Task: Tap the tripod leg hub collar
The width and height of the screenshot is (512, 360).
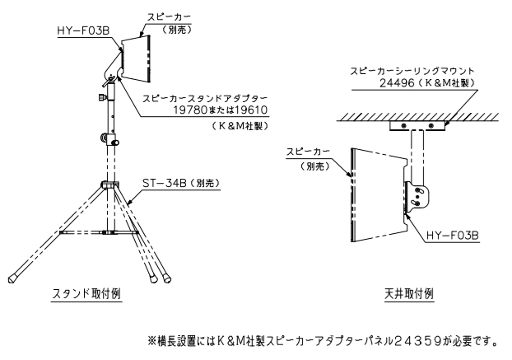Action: pyautogui.click(x=108, y=185)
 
